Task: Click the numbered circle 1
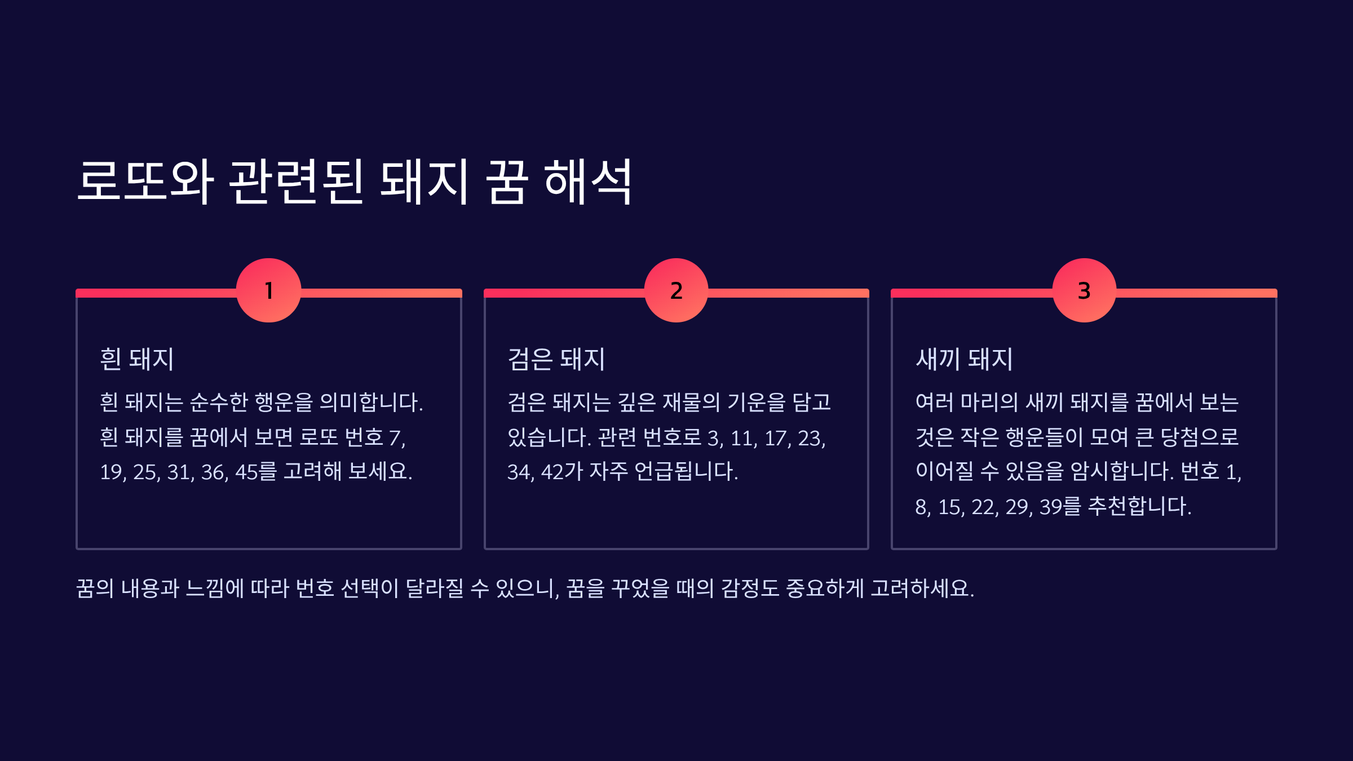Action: pos(268,290)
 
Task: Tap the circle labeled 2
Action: pos(676,290)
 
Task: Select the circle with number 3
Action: pos(1084,290)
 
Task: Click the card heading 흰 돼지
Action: pos(137,359)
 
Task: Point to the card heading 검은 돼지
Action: pos(556,359)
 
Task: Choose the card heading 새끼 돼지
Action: pos(965,359)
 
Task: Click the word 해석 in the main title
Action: pos(587,182)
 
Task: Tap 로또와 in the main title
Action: pos(145,182)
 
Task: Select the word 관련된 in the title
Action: pos(297,182)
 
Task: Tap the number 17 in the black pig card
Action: pos(775,438)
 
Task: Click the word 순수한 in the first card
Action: pos(219,402)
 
